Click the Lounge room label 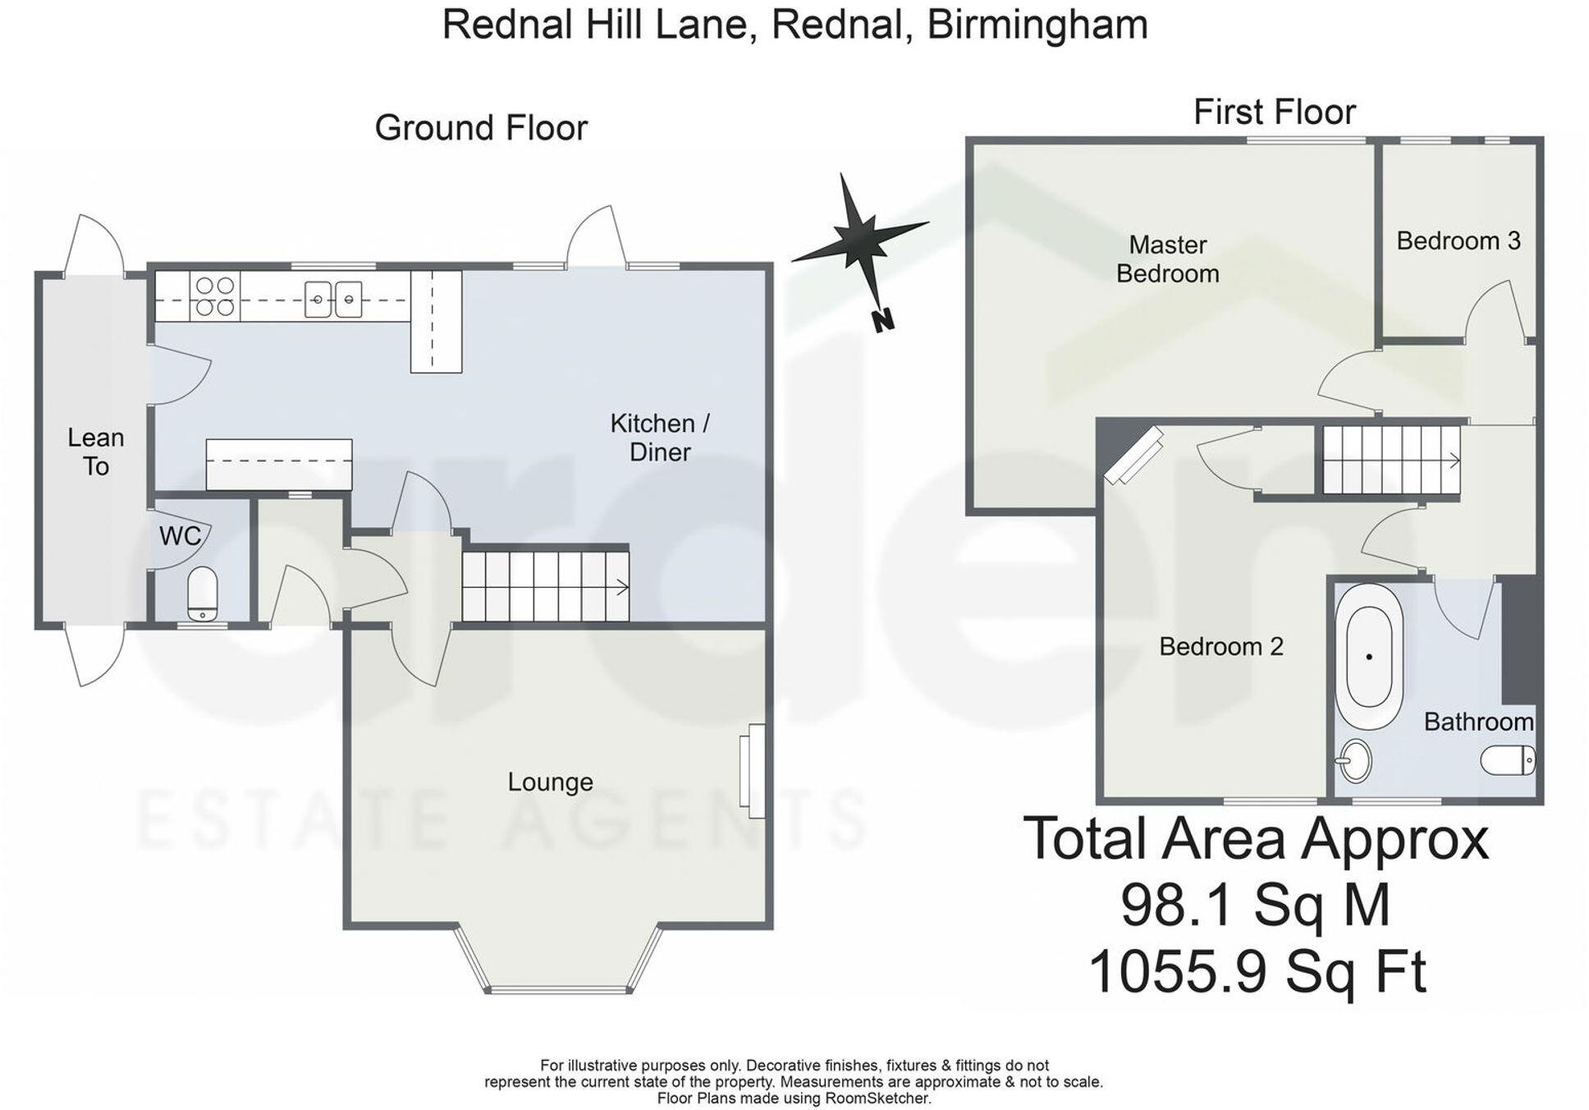pos(550,782)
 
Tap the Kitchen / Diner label pos(659,438)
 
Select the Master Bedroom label pos(1167,259)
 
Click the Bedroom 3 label pos(1458,241)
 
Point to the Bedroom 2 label pos(1220,646)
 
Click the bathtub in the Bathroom pos(1368,657)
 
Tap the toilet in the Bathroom pos(1508,760)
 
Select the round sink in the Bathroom pos(1353,761)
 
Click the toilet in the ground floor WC pos(202,594)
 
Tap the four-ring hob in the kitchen pos(215,296)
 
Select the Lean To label pos(95,452)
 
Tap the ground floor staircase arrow pos(621,587)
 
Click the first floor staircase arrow pos(1454,461)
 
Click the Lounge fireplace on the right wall pos(753,771)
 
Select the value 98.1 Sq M pos(1255,905)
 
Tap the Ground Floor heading pos(481,128)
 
